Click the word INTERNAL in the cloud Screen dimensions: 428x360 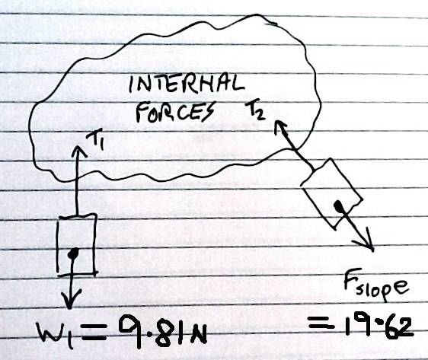187,84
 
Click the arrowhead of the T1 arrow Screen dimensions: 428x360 79,149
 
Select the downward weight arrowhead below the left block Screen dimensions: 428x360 71,300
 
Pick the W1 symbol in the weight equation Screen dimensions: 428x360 56,334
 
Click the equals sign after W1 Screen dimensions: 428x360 94,334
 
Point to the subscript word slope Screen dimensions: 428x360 383,290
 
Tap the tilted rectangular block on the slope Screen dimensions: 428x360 331,193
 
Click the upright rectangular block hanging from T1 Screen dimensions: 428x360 76,244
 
